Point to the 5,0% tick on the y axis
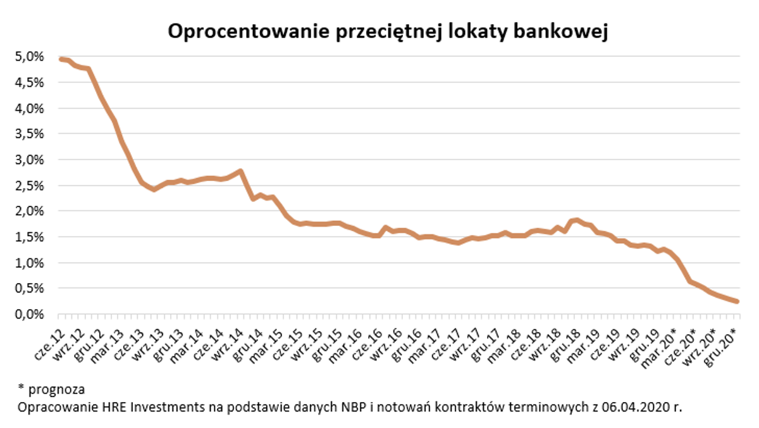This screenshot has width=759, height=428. pyautogui.click(x=30, y=57)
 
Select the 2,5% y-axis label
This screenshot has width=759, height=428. pyautogui.click(x=30, y=186)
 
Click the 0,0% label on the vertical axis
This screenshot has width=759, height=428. pyautogui.click(x=30, y=314)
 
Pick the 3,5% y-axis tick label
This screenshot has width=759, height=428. pyautogui.click(x=30, y=134)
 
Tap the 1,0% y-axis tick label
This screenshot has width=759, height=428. pyautogui.click(x=30, y=263)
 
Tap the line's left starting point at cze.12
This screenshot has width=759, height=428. pyautogui.click(x=61, y=59)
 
